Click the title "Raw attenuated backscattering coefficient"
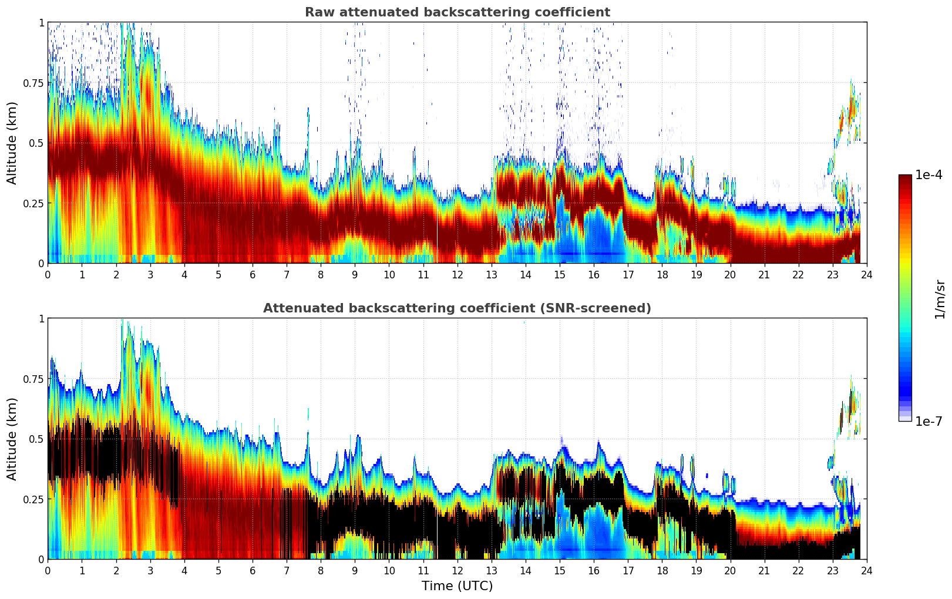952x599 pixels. tap(457, 12)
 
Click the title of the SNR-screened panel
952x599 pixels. tap(457, 308)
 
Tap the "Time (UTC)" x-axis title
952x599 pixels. tap(457, 586)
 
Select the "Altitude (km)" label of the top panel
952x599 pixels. tap(12, 143)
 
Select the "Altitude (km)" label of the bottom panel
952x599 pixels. tap(12, 439)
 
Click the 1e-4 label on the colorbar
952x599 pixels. tap(929, 175)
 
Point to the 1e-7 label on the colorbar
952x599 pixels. tap(929, 421)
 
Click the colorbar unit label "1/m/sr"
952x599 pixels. tap(940, 298)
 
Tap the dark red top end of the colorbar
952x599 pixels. tap(905, 177)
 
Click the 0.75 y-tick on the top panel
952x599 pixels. tap(33, 83)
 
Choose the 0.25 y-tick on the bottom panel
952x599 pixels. tap(33, 499)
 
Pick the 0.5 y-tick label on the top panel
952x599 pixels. tap(36, 143)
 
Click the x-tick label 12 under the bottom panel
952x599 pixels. tap(458, 570)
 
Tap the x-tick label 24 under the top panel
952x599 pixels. tap(867, 274)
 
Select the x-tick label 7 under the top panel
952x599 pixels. tap(287, 274)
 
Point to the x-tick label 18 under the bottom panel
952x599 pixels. tap(662, 570)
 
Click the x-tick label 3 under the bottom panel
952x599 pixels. tap(150, 570)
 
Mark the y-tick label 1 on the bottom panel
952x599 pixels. tap(41, 319)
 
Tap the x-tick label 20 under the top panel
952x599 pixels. tap(730, 274)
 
